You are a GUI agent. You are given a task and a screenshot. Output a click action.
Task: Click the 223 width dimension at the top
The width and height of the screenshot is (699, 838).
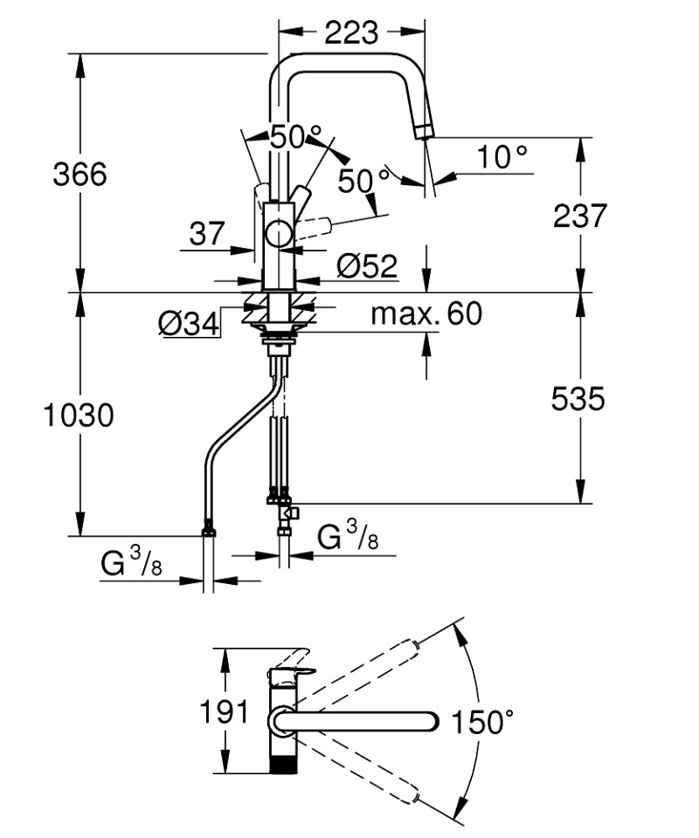(x=351, y=33)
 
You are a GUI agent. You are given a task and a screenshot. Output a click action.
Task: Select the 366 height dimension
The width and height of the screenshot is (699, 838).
(x=80, y=175)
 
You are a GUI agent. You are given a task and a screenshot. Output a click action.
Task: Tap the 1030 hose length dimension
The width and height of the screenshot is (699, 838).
(x=79, y=416)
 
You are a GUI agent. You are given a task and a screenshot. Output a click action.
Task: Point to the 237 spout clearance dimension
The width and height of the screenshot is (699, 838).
(x=580, y=216)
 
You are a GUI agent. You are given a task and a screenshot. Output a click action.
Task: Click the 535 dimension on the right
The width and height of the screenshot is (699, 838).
(x=578, y=399)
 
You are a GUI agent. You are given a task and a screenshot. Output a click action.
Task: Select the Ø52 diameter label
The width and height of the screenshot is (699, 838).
(x=368, y=265)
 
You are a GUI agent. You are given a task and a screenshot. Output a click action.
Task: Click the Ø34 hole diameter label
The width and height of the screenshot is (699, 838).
(x=189, y=324)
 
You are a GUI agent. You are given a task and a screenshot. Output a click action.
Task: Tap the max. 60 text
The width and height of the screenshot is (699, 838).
(x=426, y=313)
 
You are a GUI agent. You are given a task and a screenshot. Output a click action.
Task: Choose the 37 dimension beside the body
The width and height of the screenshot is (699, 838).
(x=207, y=234)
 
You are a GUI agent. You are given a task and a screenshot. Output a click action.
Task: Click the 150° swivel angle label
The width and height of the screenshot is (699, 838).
(x=482, y=722)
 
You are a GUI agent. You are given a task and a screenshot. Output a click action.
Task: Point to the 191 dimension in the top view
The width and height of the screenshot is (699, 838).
(x=224, y=711)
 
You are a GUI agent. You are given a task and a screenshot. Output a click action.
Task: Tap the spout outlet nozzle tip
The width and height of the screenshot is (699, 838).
(x=426, y=131)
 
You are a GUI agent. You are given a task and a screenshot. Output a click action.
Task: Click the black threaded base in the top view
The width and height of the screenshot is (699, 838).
(x=282, y=764)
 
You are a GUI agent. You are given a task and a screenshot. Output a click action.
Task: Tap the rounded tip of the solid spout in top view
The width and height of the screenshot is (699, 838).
(x=433, y=722)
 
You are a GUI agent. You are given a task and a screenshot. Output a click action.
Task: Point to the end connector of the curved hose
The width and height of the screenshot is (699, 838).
(x=209, y=530)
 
